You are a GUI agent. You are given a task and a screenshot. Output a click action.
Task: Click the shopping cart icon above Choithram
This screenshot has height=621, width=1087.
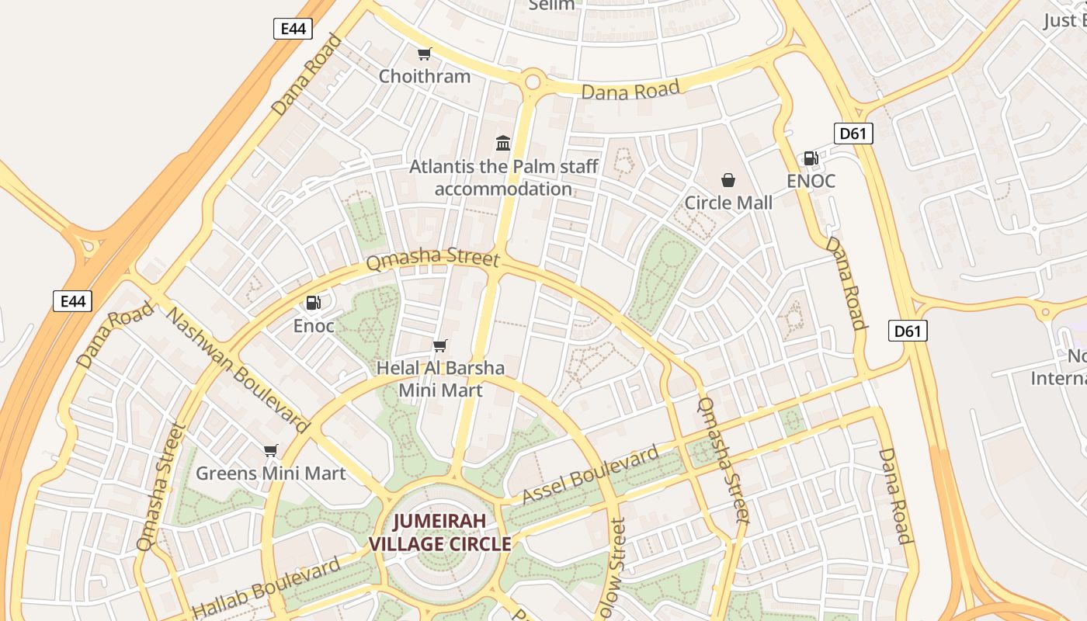click(x=424, y=54)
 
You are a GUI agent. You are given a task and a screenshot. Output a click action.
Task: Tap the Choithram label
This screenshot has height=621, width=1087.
click(x=424, y=76)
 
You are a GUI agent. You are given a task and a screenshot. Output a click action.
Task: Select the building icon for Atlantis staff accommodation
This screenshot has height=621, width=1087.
click(x=503, y=143)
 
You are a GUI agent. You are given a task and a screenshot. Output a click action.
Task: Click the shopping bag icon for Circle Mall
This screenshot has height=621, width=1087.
click(x=728, y=180)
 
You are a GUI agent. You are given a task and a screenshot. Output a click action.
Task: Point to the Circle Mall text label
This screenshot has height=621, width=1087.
click(x=728, y=203)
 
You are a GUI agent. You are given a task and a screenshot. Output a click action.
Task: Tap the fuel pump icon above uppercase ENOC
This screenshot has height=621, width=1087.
click(x=811, y=158)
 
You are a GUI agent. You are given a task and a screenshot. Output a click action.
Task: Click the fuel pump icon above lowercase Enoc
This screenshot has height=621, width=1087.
click(x=314, y=303)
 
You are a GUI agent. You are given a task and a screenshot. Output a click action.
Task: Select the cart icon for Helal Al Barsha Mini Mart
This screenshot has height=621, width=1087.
click(x=440, y=345)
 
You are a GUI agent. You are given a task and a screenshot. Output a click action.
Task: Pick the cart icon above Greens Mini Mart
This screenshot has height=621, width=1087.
click(x=270, y=450)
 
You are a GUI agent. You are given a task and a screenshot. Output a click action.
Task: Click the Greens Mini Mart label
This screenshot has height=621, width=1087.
click(x=270, y=473)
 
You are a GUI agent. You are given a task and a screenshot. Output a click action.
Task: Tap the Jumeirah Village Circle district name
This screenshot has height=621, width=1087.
click(x=440, y=533)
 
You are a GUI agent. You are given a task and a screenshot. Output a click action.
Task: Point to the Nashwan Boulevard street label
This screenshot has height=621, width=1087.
click(x=238, y=371)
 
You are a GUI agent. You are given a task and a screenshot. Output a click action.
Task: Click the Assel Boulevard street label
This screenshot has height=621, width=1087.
click(x=590, y=474)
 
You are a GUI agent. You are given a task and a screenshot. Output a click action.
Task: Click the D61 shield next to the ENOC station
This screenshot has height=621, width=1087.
click(x=853, y=134)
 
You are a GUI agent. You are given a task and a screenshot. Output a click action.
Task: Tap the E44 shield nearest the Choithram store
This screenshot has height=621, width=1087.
click(x=293, y=29)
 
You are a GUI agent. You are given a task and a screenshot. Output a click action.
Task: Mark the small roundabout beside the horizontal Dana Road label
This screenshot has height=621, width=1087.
click(x=533, y=80)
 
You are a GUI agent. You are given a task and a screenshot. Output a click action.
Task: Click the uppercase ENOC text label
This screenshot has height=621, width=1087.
click(x=811, y=181)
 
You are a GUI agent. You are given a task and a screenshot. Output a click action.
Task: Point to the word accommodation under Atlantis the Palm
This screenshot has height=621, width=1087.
click(x=503, y=189)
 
